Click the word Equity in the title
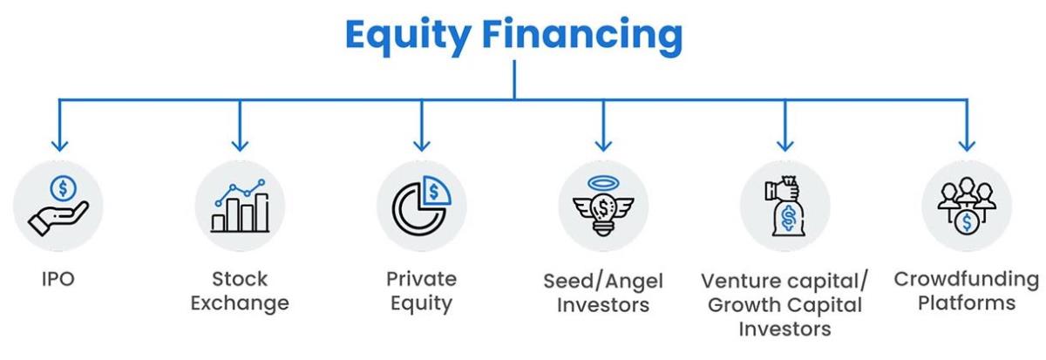(408, 36)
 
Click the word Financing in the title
(582, 36)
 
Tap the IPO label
(58, 279)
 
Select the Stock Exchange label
(240, 291)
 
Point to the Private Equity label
(422, 291)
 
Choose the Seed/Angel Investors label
(603, 293)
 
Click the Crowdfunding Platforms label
(967, 291)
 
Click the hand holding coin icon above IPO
(58, 206)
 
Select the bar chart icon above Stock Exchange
(240, 206)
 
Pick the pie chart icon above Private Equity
(422, 206)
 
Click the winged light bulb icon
(603, 206)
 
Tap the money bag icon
(785, 206)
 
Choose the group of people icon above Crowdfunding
(967, 205)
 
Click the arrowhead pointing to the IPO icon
(59, 146)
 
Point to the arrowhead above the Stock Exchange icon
(240, 146)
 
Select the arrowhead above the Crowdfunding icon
(967, 146)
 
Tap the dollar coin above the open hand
(64, 188)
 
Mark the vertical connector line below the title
(514, 79)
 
